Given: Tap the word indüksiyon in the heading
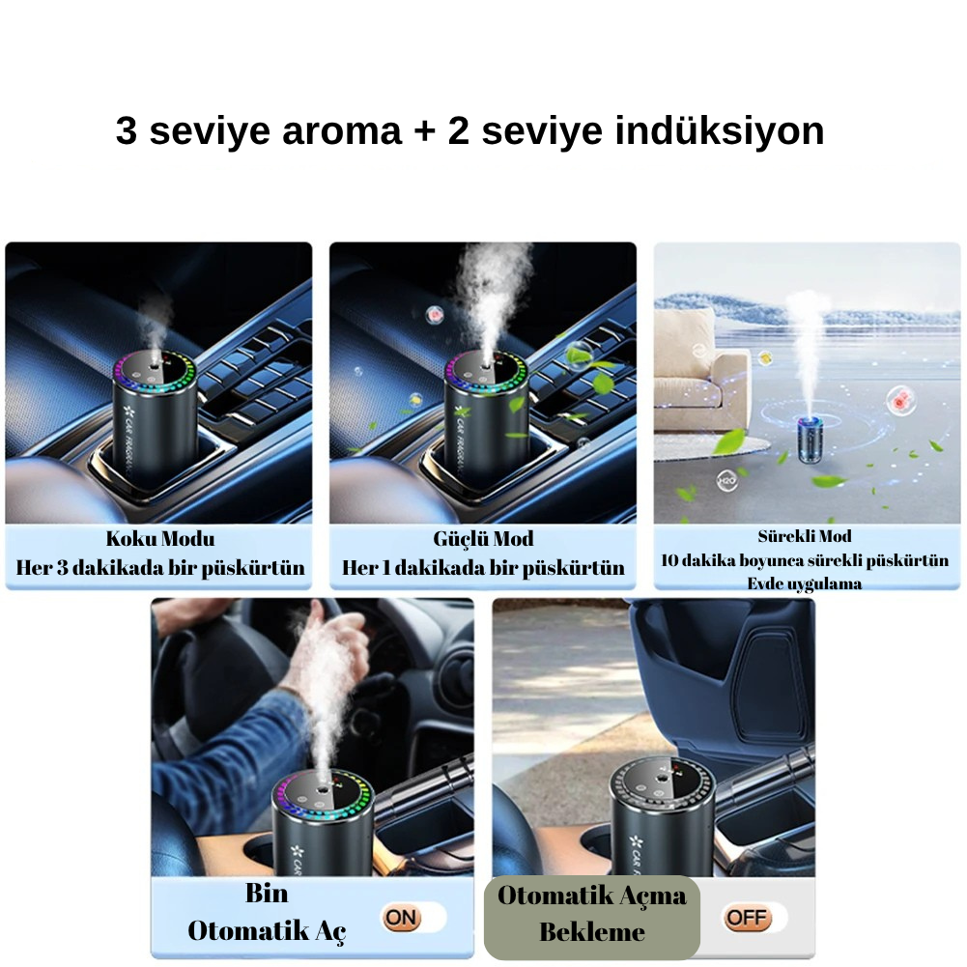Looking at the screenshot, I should pos(720,131).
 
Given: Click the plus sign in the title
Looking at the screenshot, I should pos(424,132).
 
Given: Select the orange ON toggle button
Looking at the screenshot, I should pos(402,917).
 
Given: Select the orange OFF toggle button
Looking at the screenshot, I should pos(747,917).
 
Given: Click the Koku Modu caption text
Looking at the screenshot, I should pos(160,539).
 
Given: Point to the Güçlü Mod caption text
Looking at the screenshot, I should pos(483,539).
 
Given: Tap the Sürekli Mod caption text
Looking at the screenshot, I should pos(805,536).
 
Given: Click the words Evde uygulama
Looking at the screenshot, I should pos(805,583).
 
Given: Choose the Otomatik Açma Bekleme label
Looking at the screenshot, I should pos(591,914).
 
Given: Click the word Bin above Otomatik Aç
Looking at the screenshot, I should pos(267,894).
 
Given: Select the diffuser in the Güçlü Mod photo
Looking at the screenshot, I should pos(486,420).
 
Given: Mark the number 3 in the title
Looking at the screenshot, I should pos(127,132).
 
